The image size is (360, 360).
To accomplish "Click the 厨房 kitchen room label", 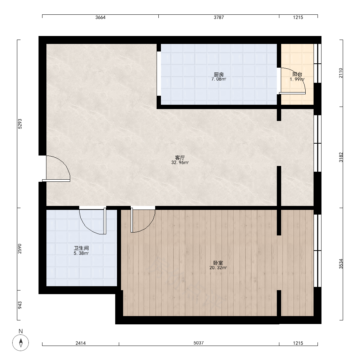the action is (x=219, y=75).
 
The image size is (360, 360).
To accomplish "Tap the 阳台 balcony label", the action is (x=297, y=74).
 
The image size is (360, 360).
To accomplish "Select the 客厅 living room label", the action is (x=180, y=158).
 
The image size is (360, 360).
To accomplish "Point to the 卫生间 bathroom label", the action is (x=81, y=248).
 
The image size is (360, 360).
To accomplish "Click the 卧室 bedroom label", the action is (x=218, y=263).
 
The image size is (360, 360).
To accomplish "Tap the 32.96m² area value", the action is (x=180, y=163).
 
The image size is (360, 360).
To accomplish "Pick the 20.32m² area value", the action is (x=218, y=268).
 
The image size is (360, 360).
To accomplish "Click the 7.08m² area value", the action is (x=219, y=79).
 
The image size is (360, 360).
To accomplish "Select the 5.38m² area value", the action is (x=81, y=253).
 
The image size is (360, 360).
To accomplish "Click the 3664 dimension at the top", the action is (x=100, y=17).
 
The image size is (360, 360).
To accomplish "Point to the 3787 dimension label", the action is (x=219, y=17).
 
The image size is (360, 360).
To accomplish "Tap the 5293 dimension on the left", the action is (x=20, y=124).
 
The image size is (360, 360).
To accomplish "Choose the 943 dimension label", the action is (x=20, y=305).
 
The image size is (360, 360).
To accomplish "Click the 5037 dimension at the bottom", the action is (x=199, y=343).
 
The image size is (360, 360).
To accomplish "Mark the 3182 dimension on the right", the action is (x=341, y=157).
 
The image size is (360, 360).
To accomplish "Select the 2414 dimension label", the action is (x=81, y=343).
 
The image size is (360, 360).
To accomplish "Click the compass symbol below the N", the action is (x=21, y=343).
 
